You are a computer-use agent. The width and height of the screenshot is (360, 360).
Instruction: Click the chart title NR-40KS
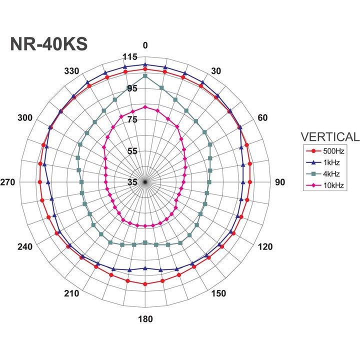tap(49, 44)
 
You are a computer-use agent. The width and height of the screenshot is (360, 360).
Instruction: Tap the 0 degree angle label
tap(145, 45)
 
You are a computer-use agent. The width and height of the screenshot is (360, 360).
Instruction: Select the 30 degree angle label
tap(215, 71)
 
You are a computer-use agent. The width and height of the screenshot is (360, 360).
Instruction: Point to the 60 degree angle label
tap(262, 118)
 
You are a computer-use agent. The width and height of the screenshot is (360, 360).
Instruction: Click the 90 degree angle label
tap(280, 182)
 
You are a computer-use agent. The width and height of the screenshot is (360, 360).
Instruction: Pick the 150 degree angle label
tap(218, 293)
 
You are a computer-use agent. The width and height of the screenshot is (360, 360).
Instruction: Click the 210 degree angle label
tap(72, 293)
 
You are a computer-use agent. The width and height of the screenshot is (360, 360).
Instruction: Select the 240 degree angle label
tap(24, 246)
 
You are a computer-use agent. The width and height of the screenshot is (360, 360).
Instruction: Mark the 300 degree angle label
tap(24, 118)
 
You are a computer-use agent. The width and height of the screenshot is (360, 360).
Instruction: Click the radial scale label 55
tap(131, 151)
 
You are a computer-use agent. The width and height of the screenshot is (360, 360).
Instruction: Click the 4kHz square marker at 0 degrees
tap(145, 76)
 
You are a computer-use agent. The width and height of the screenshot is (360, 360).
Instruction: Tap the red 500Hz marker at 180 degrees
tap(145, 284)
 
